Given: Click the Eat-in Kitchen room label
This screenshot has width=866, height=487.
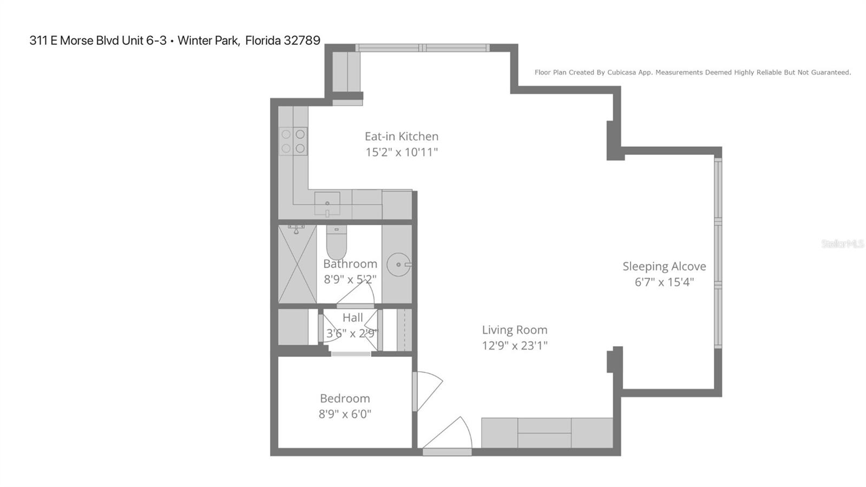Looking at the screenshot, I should pyautogui.click(x=401, y=137).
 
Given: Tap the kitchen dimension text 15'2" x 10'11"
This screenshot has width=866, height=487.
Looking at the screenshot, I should pyautogui.click(x=401, y=152).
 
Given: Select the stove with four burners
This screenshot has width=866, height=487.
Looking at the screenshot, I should pyautogui.click(x=293, y=141).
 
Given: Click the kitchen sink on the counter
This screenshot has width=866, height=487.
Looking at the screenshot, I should pyautogui.click(x=327, y=204).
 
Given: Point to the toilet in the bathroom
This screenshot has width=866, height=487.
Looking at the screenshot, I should pyautogui.click(x=336, y=243).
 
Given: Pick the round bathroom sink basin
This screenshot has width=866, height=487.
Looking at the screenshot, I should pyautogui.click(x=399, y=265).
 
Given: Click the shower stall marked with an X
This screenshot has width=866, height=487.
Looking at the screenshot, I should pyautogui.click(x=297, y=264).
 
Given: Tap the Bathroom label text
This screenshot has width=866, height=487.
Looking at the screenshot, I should pyautogui.click(x=350, y=264).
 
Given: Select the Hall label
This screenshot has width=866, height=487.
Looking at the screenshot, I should pyautogui.click(x=352, y=318).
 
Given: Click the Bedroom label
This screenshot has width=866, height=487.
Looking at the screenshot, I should pyautogui.click(x=345, y=399).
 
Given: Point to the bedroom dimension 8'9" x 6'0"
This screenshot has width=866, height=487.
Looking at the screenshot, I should pyautogui.click(x=345, y=414).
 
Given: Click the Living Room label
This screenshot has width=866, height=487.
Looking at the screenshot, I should pyautogui.click(x=514, y=330).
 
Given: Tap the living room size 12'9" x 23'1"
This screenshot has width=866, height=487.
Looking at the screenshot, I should pyautogui.click(x=514, y=346).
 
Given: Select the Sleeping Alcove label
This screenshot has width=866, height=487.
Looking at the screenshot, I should pyautogui.click(x=664, y=267).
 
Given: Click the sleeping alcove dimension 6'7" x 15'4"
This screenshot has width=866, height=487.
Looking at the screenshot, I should pyautogui.click(x=664, y=282).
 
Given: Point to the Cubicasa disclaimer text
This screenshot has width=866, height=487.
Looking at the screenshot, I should pyautogui.click(x=692, y=73).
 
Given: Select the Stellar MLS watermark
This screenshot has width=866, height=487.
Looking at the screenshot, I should pyautogui.click(x=842, y=244).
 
